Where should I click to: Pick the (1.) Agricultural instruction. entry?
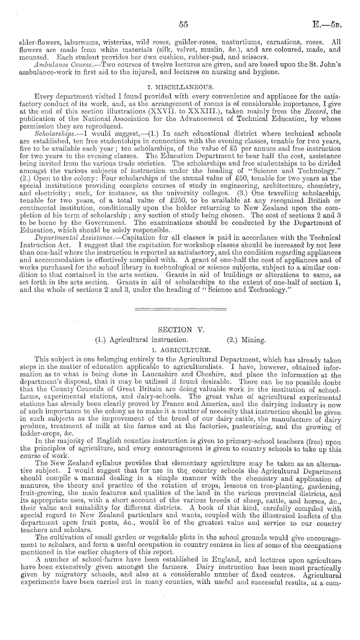(138, 340)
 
